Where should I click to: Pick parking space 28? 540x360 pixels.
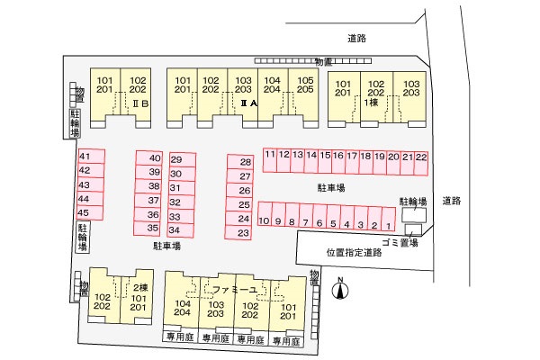pyautogui.click(x=243, y=162)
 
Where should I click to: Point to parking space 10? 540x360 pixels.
pyautogui.click(x=265, y=221)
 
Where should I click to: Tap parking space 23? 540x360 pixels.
pyautogui.click(x=243, y=233)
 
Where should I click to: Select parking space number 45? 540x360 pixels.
pyautogui.click(x=85, y=212)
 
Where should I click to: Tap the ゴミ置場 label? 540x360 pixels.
pyautogui.click(x=400, y=243)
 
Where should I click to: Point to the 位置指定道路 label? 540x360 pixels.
pyautogui.click(x=354, y=253)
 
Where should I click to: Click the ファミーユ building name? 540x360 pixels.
pyautogui.click(x=232, y=290)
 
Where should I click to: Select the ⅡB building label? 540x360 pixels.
pyautogui.click(x=140, y=104)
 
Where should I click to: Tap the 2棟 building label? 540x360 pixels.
pyautogui.click(x=139, y=287)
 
